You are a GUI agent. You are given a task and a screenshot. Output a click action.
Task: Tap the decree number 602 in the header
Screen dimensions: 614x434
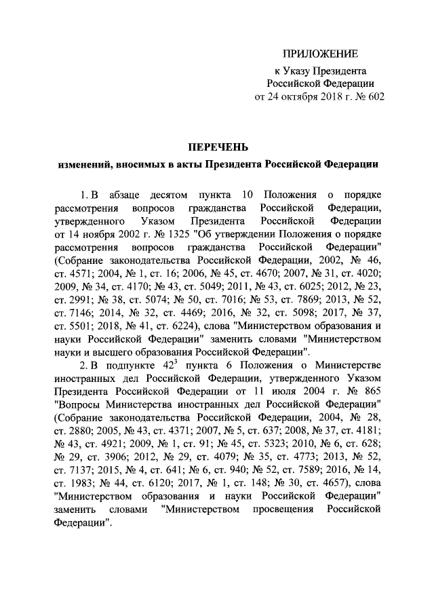375,96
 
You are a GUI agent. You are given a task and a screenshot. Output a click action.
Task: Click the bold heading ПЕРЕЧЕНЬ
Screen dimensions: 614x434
218,147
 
